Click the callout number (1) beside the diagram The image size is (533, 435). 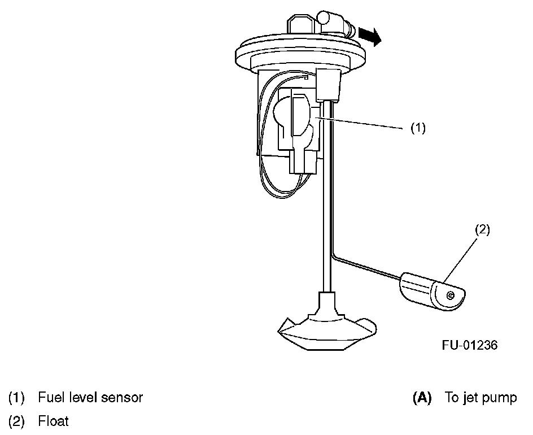point(417,128)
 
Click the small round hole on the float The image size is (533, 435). point(450,295)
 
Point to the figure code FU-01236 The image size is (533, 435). point(470,345)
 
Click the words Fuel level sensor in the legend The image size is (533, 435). point(90,397)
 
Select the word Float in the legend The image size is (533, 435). point(54,421)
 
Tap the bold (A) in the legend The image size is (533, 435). point(422,397)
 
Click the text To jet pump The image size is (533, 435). point(480,397)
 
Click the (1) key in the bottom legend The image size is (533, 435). point(16,397)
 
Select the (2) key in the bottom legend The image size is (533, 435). point(16,421)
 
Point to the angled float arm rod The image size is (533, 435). point(367,268)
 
